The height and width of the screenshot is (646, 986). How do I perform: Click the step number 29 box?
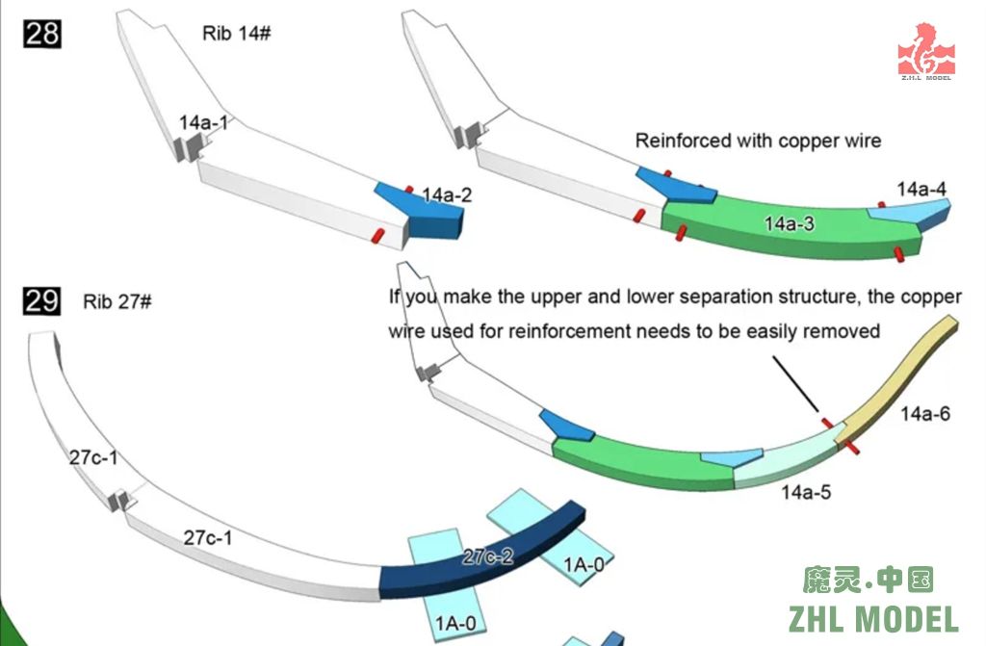click(x=41, y=301)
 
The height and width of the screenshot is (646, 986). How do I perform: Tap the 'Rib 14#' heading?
click(x=236, y=33)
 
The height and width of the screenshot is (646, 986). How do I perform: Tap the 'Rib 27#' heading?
click(x=117, y=301)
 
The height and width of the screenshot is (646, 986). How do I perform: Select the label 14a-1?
click(x=204, y=123)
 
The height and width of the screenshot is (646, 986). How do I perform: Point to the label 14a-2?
click(x=447, y=195)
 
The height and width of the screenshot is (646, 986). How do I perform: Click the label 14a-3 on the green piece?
click(x=790, y=223)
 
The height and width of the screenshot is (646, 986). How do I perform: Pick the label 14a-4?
click(x=921, y=189)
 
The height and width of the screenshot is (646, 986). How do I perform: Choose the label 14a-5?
click(x=806, y=493)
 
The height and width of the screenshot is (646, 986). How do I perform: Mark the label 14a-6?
click(x=925, y=414)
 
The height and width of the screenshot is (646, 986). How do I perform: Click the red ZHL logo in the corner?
click(x=925, y=51)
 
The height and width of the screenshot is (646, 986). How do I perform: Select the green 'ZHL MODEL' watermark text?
click(x=873, y=618)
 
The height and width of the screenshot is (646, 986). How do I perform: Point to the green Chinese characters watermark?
click(x=869, y=579)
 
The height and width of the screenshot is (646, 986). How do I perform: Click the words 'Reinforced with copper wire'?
click(x=758, y=141)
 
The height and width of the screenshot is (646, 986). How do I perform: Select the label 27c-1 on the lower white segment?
click(x=208, y=537)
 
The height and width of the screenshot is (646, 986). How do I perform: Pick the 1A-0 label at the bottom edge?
click(x=455, y=624)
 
